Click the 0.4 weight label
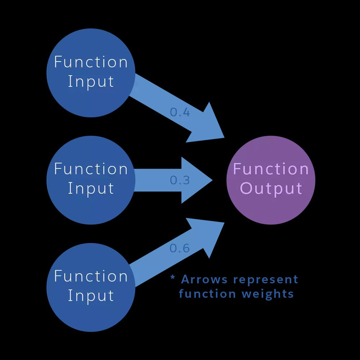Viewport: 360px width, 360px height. pyautogui.click(x=180, y=112)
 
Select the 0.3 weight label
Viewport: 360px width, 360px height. pyautogui.click(x=180, y=180)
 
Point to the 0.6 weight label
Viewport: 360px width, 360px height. pyautogui.click(x=180, y=248)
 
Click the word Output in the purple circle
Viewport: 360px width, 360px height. pyautogui.click(x=271, y=189)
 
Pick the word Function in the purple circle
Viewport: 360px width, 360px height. pyautogui.click(x=271, y=169)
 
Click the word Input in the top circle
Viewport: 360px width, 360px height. pyautogui.click(x=91, y=82)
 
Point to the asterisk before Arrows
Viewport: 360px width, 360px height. pyautogui.click(x=173, y=278)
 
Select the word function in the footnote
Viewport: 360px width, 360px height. pyautogui.click(x=207, y=293)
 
